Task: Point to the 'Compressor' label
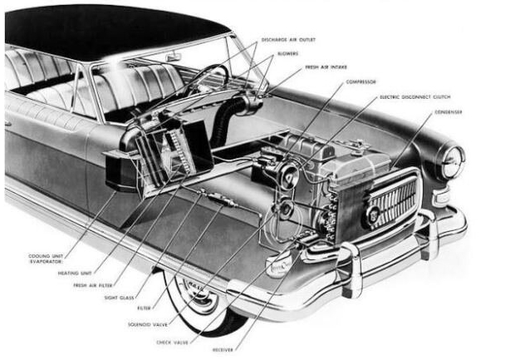tap(353, 81)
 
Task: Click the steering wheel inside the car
tap(211, 79)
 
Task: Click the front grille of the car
tap(392, 203)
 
